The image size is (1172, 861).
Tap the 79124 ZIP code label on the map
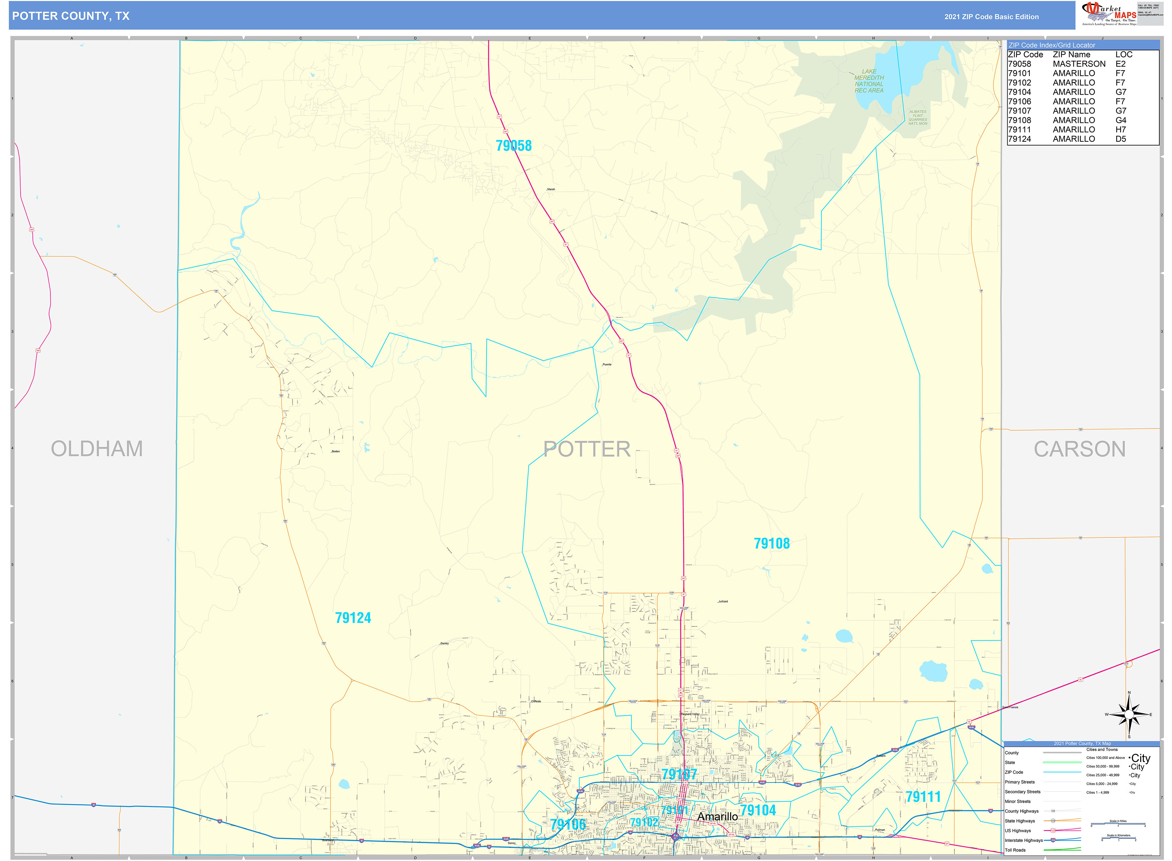coord(353,618)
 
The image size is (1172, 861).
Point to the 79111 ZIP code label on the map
coord(923,797)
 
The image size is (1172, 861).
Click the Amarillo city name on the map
coord(717,816)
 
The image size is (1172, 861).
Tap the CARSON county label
coord(1079,449)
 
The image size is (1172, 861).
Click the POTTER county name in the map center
coord(587,449)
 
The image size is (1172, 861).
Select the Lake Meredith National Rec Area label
coord(869,81)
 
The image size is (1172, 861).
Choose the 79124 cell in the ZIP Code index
coord(1019,139)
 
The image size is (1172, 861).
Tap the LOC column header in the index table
coord(1124,55)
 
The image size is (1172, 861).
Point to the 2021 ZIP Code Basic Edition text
coord(991,17)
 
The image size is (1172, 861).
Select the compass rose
coord(1129,715)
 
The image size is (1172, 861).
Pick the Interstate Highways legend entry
coord(1024,840)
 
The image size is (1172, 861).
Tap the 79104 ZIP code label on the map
coord(758,810)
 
